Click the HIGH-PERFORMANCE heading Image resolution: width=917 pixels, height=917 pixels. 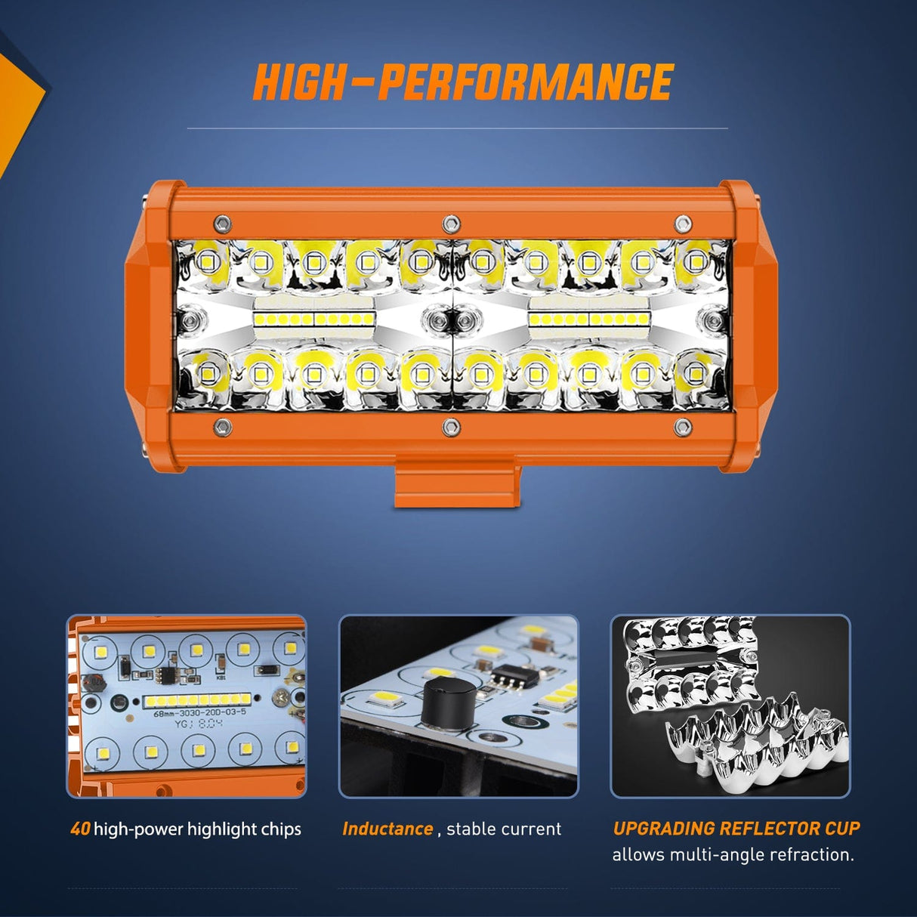tap(462, 82)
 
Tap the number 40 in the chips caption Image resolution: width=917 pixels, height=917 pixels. tap(80, 829)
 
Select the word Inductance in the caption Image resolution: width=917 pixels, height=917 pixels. tap(387, 829)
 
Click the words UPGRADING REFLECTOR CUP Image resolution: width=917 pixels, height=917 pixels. tap(736, 828)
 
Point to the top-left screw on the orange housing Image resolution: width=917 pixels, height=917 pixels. tap(222, 224)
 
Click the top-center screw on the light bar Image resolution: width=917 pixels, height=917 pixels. tap(451, 223)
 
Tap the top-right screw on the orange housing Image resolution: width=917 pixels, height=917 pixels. tap(683, 224)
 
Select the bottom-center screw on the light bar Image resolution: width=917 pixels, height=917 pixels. tap(451, 427)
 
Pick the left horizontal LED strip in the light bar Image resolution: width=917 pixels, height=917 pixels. tap(314, 320)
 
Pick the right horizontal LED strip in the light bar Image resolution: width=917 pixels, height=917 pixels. tap(589, 320)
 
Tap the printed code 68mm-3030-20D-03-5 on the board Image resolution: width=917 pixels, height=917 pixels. tap(199, 712)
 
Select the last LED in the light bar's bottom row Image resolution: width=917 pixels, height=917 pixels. tap(695, 372)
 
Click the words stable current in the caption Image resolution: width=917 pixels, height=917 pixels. tap(504, 829)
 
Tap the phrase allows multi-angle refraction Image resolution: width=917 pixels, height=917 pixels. tap(733, 855)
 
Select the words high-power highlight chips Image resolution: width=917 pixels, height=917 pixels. tap(197, 829)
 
